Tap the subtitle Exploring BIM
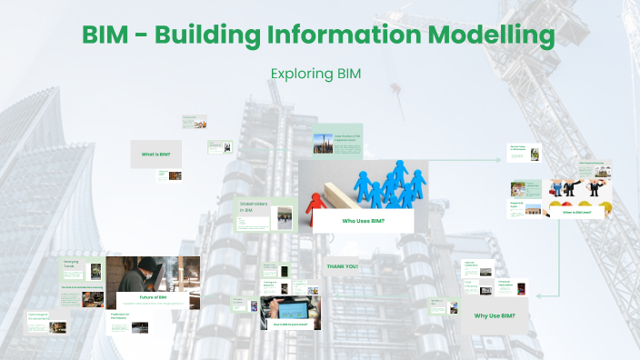click(315, 73)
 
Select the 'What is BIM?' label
click(155, 155)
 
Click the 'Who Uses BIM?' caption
click(363, 221)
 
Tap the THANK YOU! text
click(342, 266)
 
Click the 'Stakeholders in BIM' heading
click(253, 205)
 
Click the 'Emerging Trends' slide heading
click(72, 264)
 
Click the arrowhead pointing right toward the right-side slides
click(497, 160)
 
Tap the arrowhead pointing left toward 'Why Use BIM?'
click(540, 295)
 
